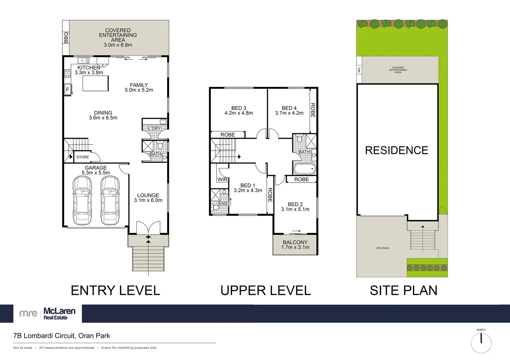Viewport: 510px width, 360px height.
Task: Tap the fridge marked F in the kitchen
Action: coord(67,90)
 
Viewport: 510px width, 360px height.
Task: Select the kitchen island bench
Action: coord(95,83)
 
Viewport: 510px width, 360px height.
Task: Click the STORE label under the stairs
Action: coord(83,157)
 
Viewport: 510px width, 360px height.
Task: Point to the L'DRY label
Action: coord(154,128)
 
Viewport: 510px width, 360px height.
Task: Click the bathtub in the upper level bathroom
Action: coord(304,169)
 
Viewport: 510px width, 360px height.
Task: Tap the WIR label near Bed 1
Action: coord(222,179)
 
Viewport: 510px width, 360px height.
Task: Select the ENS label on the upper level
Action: coord(223,203)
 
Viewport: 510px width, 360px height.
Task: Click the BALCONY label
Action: coord(295,242)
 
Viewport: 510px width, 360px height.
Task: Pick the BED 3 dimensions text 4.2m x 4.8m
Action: coord(239,113)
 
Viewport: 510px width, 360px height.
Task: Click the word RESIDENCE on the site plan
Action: coord(397,150)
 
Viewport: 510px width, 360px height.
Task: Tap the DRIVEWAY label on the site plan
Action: coord(383,248)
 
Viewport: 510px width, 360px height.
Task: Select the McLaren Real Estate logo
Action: coord(47,314)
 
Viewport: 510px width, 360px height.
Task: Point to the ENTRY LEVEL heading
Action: coord(115,290)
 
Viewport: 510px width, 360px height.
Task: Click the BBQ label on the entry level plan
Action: coord(66,37)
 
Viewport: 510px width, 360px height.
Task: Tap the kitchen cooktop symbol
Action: coord(67,73)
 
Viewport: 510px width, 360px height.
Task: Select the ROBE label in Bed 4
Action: coord(313,110)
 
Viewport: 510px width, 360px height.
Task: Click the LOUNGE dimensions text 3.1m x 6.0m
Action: coord(148,200)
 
